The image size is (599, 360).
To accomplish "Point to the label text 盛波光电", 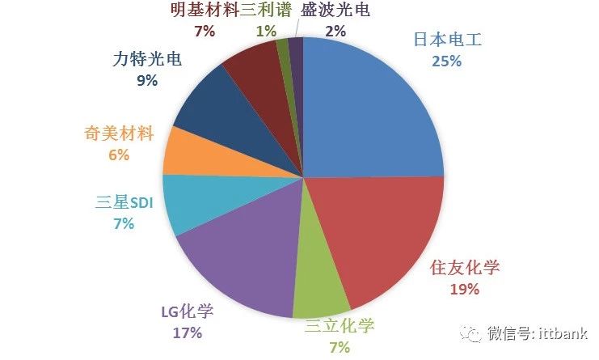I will coord(335,11).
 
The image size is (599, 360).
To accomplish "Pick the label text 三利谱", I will coord(267,11).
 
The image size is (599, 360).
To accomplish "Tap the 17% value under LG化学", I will coord(187,332).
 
